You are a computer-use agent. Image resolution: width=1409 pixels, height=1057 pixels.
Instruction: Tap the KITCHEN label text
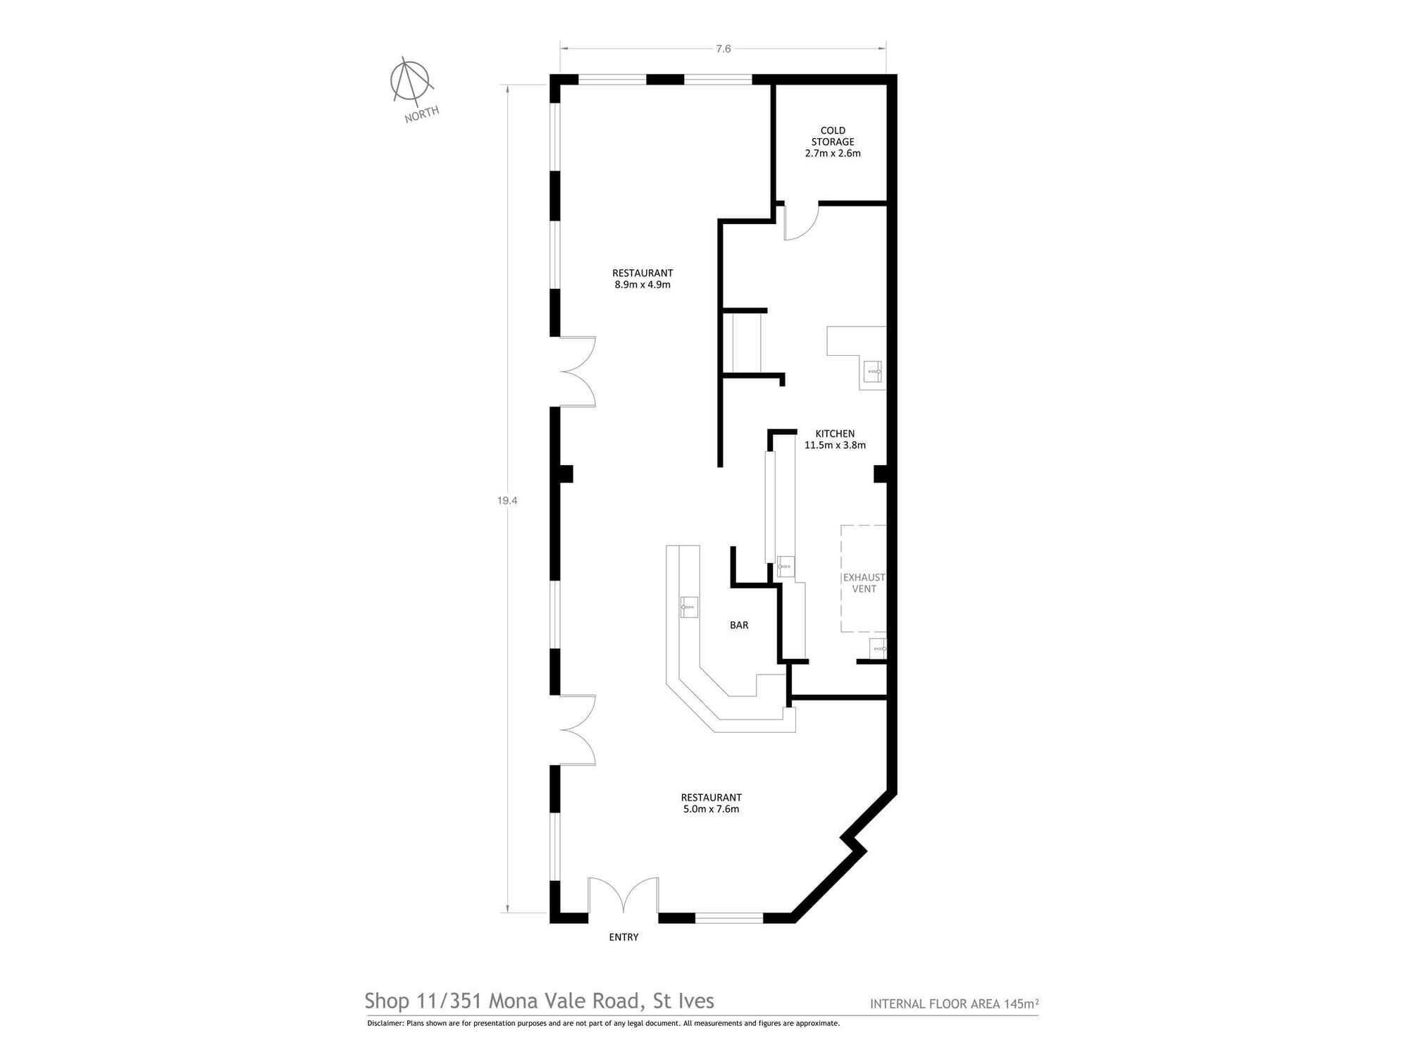pos(835,433)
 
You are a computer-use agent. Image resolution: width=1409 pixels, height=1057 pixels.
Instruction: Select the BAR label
pos(739,625)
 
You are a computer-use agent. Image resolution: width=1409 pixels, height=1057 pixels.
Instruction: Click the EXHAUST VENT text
pos(864,583)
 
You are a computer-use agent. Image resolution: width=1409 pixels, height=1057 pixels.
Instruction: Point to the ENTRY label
pos(623,937)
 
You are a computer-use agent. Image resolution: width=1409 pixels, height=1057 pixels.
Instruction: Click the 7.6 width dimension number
pos(724,49)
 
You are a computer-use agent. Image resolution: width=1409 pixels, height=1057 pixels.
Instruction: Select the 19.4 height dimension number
pos(507,500)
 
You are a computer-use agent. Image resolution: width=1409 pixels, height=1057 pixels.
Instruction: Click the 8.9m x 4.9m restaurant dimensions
pos(643,285)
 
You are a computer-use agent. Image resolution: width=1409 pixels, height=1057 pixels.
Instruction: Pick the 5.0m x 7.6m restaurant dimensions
pos(711,809)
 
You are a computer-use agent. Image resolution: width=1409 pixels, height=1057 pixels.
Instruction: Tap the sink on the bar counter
pos(689,606)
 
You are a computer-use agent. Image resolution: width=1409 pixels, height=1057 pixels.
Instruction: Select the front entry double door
pos(623,896)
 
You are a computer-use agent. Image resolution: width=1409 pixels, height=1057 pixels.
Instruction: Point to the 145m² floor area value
pos(1022,1003)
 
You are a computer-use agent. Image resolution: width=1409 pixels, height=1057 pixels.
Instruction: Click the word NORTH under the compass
pos(421,113)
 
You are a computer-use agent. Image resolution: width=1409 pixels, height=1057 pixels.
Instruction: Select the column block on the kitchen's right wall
pos(880,474)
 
